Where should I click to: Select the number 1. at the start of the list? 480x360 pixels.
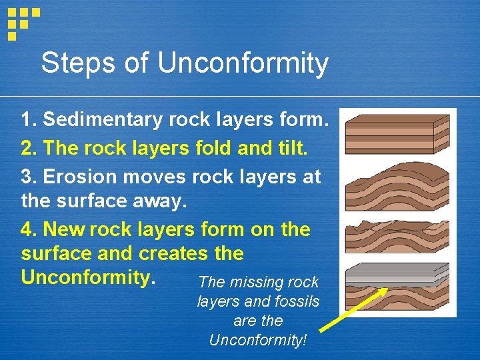tap(29, 120)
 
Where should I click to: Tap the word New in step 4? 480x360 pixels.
tap(64, 229)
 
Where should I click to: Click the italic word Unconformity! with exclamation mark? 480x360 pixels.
tap(258, 340)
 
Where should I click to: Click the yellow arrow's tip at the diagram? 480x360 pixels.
tap(387, 289)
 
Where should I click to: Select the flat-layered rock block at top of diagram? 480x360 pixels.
tap(397, 133)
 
